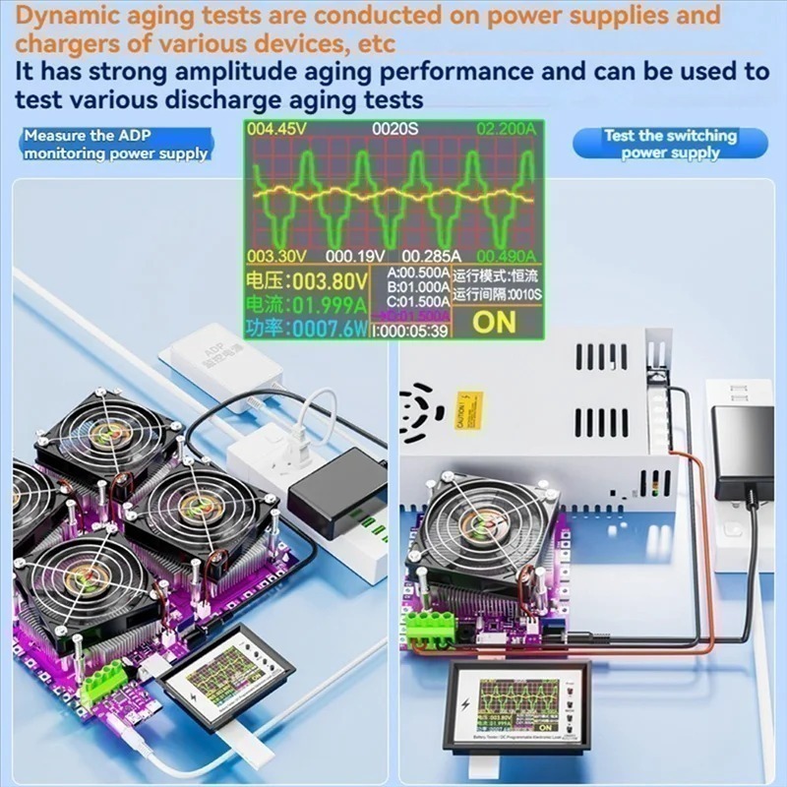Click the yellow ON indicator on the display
[493, 321]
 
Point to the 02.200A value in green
[508, 129]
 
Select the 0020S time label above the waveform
[393, 129]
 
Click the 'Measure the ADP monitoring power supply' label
[115, 145]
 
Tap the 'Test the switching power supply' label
[670, 145]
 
